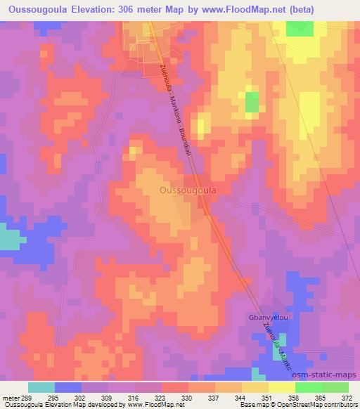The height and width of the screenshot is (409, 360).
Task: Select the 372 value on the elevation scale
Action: tap(347, 398)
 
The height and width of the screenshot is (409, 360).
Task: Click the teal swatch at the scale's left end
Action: tap(41, 387)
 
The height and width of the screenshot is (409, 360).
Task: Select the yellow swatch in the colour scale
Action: tap(255, 387)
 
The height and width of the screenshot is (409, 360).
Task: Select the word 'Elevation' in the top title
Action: tap(98, 9)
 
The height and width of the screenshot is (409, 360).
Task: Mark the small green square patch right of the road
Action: tap(251, 102)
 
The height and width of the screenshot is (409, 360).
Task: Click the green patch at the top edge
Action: tap(300, 28)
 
